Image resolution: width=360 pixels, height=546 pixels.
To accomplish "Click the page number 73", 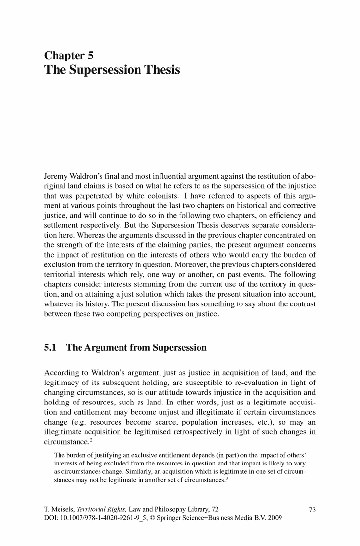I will point(313,510).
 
